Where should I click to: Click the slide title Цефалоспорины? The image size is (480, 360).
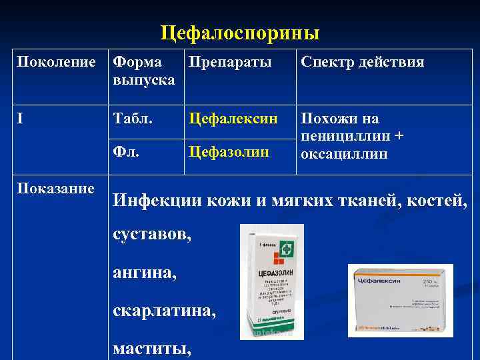240,33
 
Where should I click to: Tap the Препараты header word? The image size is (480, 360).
230,63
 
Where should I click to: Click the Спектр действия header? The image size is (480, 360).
362,63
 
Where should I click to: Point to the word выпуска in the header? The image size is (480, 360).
144,80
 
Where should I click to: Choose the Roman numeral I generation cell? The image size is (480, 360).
20,119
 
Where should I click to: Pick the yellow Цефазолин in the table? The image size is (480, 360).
229,152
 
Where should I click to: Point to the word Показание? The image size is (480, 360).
55,189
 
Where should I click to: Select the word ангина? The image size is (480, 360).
145,272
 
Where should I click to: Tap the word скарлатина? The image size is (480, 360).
165,311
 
